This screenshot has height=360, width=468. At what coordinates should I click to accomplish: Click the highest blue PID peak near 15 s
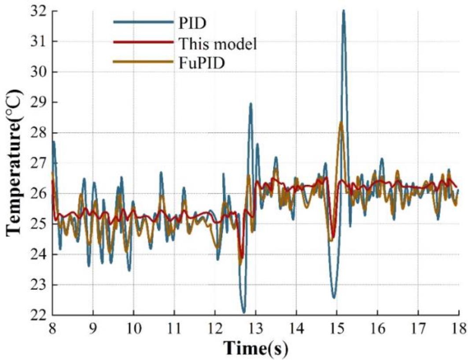tap(343, 11)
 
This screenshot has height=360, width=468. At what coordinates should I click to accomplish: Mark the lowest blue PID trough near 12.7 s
tap(244, 312)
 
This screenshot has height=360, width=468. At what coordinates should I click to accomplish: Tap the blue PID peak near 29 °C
tap(251, 104)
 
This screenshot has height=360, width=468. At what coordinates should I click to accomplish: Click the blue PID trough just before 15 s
tap(334, 297)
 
